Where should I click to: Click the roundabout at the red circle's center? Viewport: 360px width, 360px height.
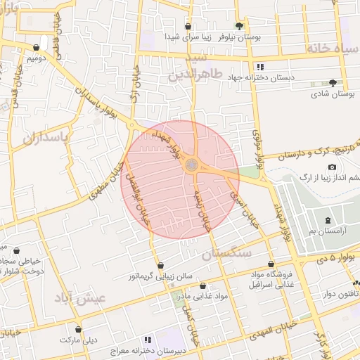tap(191, 165)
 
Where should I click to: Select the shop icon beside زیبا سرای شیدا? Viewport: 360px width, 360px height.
tap(188, 27)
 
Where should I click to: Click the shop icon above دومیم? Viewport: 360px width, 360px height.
tap(37, 48)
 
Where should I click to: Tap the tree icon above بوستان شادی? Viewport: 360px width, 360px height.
tap(314, 82)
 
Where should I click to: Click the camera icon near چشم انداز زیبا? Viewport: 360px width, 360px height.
tap(332, 167)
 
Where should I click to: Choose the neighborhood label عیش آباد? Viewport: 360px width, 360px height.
tap(80, 297)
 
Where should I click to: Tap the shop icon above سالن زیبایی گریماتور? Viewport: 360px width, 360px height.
tap(161, 266)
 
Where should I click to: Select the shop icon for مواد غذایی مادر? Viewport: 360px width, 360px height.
tap(203, 286)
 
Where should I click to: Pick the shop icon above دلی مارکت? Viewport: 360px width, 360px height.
tap(78, 329)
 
